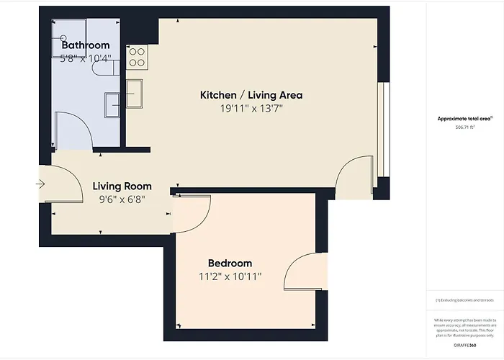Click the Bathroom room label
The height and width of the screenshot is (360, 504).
[85, 45]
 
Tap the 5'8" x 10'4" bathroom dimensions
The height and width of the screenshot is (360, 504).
[85, 58]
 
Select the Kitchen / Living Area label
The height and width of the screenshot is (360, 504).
[251, 95]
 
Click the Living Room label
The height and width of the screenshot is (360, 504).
[122, 186]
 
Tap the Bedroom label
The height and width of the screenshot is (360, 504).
[230, 263]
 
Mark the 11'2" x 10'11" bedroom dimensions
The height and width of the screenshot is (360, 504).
[230, 276]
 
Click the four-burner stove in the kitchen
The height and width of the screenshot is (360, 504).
[137, 57]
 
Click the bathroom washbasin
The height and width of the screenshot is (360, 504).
[113, 104]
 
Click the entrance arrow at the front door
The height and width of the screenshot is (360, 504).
[40, 184]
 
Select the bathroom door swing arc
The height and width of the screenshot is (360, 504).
[74, 130]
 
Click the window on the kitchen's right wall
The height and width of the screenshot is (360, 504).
[384, 129]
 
